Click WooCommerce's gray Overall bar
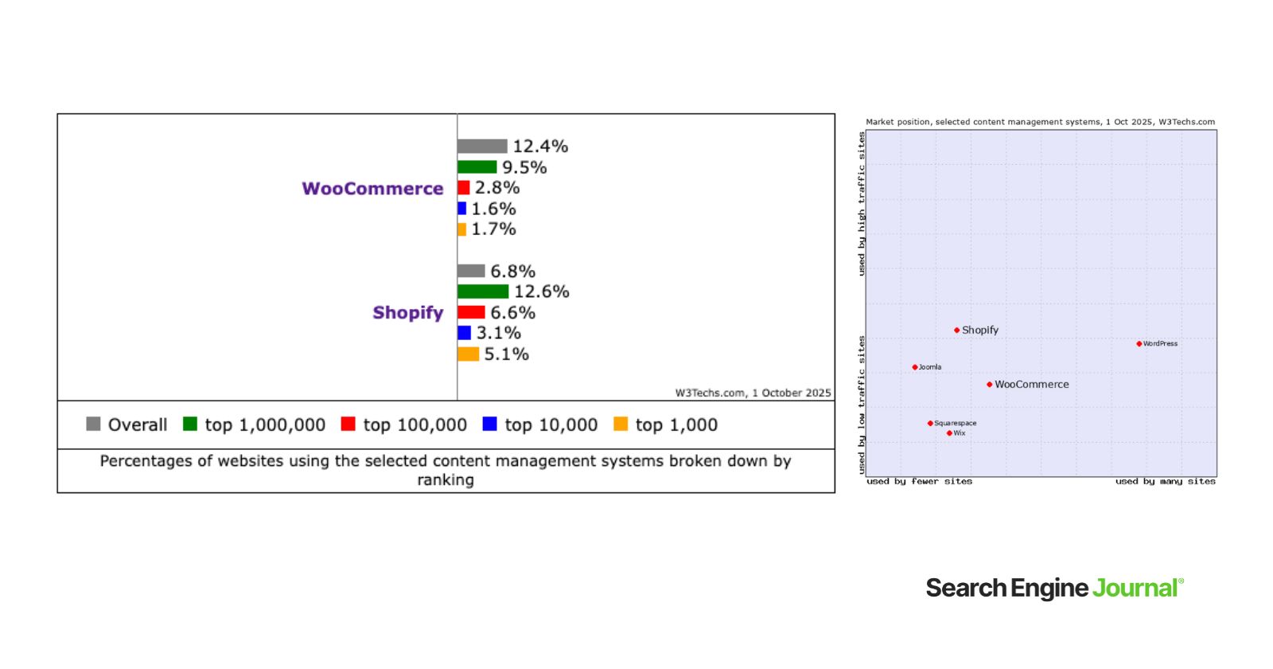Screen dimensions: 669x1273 click(482, 147)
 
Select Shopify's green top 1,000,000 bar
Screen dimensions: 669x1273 click(483, 291)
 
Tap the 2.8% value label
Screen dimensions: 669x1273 click(497, 188)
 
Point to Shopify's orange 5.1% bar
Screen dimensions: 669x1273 click(468, 354)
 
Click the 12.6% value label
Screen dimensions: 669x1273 click(542, 291)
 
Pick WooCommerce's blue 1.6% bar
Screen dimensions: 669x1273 click(461, 209)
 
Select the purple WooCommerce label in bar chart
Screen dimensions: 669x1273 click(372, 189)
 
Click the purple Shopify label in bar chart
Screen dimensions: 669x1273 click(407, 313)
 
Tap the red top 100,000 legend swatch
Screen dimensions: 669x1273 click(348, 424)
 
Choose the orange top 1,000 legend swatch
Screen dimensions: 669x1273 click(621, 424)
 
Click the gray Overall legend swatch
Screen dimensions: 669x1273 click(93, 424)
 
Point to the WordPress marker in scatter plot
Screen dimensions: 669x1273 click(1139, 344)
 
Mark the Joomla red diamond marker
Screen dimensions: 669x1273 click(915, 367)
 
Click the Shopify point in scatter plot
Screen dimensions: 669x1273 click(956, 330)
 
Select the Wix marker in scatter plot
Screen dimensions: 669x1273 click(949, 433)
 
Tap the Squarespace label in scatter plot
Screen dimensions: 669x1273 click(955, 423)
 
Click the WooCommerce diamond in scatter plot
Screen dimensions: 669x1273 click(989, 385)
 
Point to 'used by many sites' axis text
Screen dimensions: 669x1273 click(1165, 481)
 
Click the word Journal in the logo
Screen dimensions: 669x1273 click(1135, 589)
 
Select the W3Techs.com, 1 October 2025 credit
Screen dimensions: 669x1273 click(753, 393)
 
